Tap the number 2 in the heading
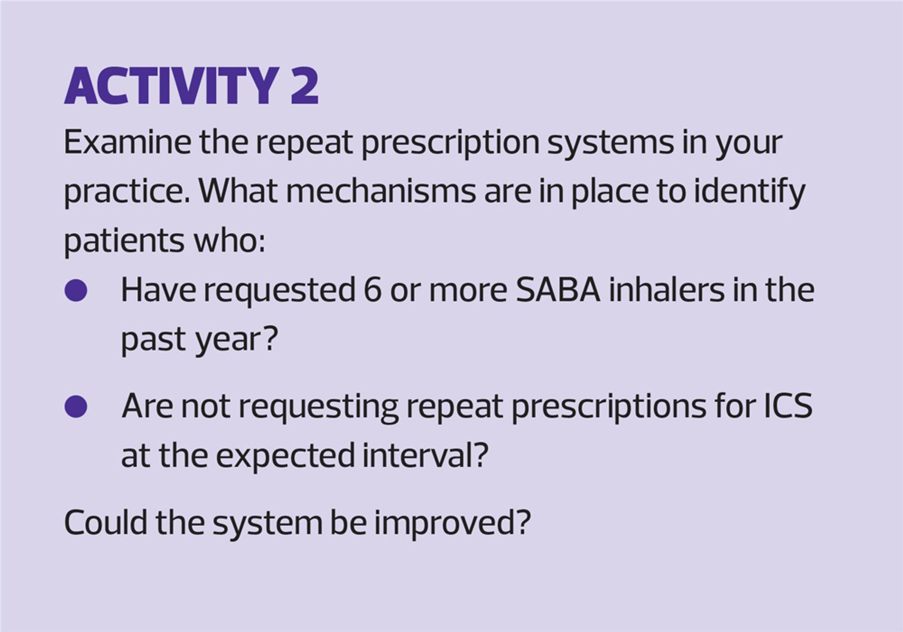[304, 86]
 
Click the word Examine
[127, 142]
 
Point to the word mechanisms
[381, 191]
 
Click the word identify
[750, 193]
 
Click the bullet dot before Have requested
[76, 290]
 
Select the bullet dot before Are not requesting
[76, 406]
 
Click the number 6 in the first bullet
[372, 290]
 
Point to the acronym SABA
[558, 290]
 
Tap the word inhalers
[666, 289]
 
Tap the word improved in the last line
[445, 524]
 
